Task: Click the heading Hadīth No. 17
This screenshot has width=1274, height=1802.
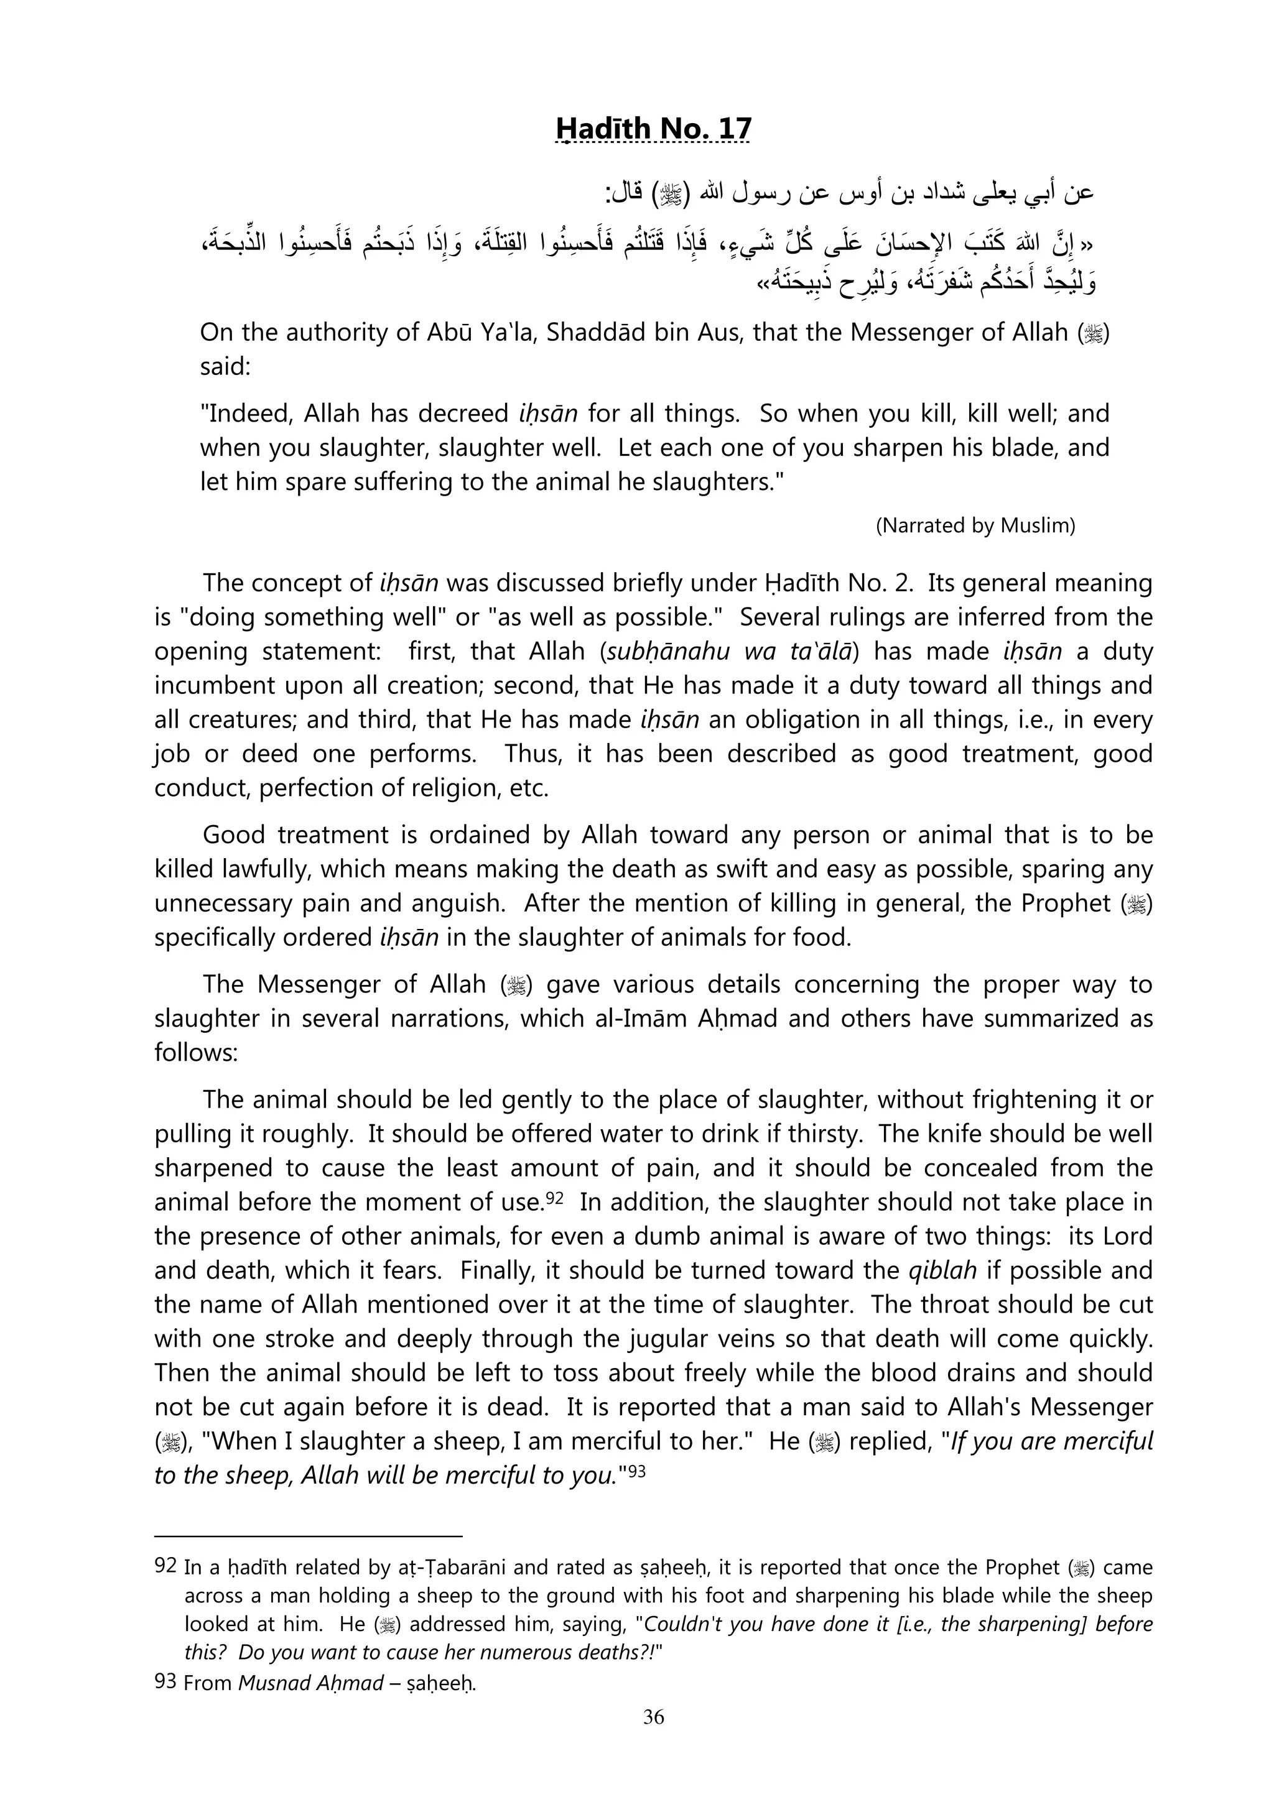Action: coord(653,128)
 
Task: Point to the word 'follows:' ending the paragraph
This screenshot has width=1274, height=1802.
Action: coord(195,1053)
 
